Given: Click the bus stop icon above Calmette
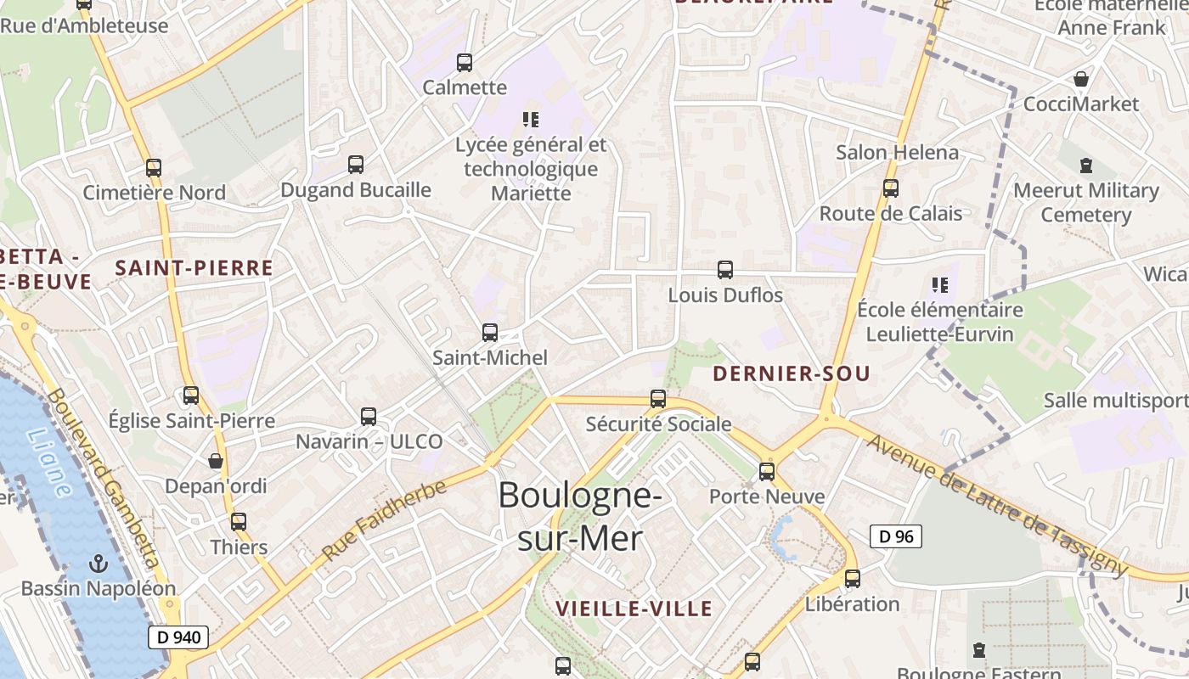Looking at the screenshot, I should click(465, 62).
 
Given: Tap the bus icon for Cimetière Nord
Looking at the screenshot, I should click(154, 167).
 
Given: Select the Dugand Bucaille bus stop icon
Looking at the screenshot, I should click(356, 164).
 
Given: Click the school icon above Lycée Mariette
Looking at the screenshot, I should click(531, 120).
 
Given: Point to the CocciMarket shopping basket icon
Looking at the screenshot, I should click(1081, 79).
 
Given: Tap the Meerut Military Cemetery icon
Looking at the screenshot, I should click(1086, 165).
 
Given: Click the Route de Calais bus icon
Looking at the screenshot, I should click(891, 188).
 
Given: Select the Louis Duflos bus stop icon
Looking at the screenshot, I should click(725, 270).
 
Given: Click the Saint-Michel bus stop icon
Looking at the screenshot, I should click(490, 333).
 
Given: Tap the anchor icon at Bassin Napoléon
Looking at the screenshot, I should click(99, 563).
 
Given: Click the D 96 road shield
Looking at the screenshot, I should click(896, 536).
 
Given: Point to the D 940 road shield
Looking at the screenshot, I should click(178, 637).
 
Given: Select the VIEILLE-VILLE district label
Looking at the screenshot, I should click(634, 609).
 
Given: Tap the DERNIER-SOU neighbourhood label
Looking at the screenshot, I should click(792, 373).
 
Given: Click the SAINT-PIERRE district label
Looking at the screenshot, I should click(194, 268).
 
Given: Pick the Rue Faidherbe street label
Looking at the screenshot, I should click(385, 519).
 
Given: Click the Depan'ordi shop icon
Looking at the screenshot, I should click(216, 461).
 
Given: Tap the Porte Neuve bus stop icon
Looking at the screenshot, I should click(767, 471).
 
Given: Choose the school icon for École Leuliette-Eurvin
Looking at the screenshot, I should click(939, 284).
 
